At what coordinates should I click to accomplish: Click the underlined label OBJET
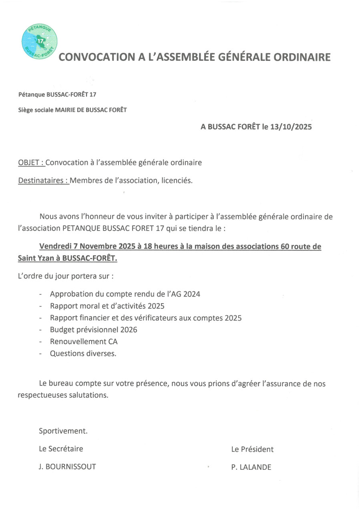pos(30,162)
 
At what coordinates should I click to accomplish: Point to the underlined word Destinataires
pos(42,180)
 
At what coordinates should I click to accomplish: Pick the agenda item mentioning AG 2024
pos(125,294)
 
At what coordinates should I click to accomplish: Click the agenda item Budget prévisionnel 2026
pos(93,330)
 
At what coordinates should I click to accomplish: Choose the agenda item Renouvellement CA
pos(84,342)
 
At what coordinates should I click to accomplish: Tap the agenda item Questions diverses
pos(83,354)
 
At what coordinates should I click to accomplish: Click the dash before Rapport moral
pos(41,306)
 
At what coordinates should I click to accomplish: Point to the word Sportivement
pos(63,431)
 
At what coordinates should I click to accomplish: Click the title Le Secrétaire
pos(61,449)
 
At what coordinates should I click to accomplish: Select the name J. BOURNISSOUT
pos(67,467)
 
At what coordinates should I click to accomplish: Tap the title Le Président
pos(252,449)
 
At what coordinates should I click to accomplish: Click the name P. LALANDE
pos(251,467)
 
